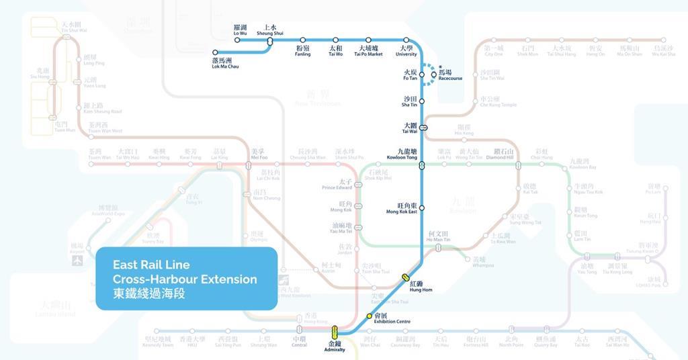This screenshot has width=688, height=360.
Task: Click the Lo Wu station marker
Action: tap(237, 40)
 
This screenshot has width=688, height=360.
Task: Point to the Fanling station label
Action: tap(303, 52)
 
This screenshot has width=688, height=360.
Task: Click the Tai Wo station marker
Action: tap(335, 40)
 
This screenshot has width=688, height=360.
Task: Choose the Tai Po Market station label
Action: tap(368, 52)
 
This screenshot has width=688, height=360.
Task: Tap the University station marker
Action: tap(406, 40)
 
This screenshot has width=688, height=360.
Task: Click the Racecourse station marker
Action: tap(434, 75)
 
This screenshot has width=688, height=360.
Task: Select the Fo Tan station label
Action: tap(410, 75)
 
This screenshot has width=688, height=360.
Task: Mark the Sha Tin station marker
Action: tap(422, 102)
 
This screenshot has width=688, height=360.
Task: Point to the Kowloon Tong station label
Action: tap(402, 154)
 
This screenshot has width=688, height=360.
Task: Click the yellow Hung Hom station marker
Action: tap(406, 277)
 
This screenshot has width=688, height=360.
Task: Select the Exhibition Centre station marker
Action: tap(369, 316)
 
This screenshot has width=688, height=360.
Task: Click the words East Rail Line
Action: tap(151, 265)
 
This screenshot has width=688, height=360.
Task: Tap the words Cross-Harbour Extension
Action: tap(185, 279)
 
